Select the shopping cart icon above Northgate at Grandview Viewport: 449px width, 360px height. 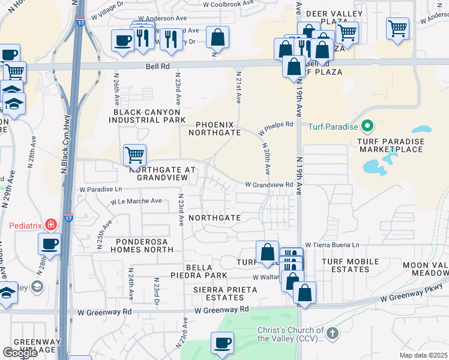pyautogui.click(x=135, y=155)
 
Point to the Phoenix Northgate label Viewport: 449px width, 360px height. pyautogui.click(x=215, y=128)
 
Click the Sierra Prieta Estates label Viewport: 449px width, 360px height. pyautogui.click(x=225, y=293)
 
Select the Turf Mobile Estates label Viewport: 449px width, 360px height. pyautogui.click(x=351, y=265)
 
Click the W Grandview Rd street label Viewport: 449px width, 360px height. pyautogui.click(x=268, y=185)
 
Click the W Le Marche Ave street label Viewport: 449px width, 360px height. pyautogui.click(x=136, y=201)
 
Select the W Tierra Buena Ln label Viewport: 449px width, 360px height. pyautogui.click(x=332, y=245)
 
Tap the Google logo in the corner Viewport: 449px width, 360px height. pyautogui.click(x=20, y=353)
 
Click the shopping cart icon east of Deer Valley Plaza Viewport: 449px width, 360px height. pyautogui.click(x=397, y=28)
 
